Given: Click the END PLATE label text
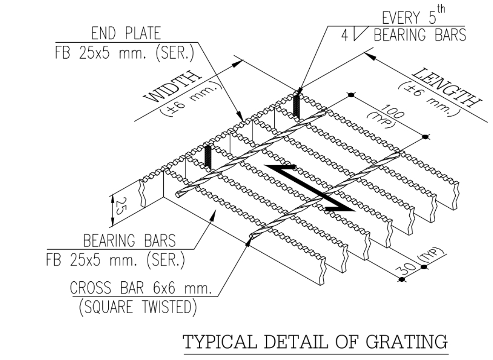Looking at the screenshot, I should click(x=126, y=34).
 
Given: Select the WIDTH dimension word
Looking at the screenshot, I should click(x=173, y=87).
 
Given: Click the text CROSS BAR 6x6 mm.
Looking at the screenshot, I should click(x=141, y=289).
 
